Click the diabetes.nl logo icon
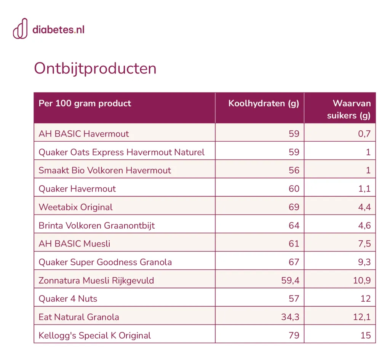[x=21, y=29]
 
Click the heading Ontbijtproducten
[x=95, y=68]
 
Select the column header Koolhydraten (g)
[x=264, y=104]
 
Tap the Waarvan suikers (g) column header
[x=349, y=109]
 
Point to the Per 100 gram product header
[x=85, y=103]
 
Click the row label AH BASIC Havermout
[x=83, y=134]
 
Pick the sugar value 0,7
[x=364, y=134]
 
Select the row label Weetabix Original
[x=76, y=207]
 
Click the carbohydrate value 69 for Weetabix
[x=294, y=207]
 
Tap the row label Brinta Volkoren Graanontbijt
[x=97, y=226]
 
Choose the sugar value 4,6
[x=364, y=226]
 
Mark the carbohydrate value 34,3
[x=290, y=317]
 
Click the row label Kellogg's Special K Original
[x=95, y=335]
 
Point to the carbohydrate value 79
[x=294, y=335]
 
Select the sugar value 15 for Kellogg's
[x=366, y=335]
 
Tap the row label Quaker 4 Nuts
[x=68, y=299]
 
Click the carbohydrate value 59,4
[x=290, y=280]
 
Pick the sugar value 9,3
[x=364, y=262]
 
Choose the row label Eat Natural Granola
[x=79, y=317]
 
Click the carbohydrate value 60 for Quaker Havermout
[x=294, y=189]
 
